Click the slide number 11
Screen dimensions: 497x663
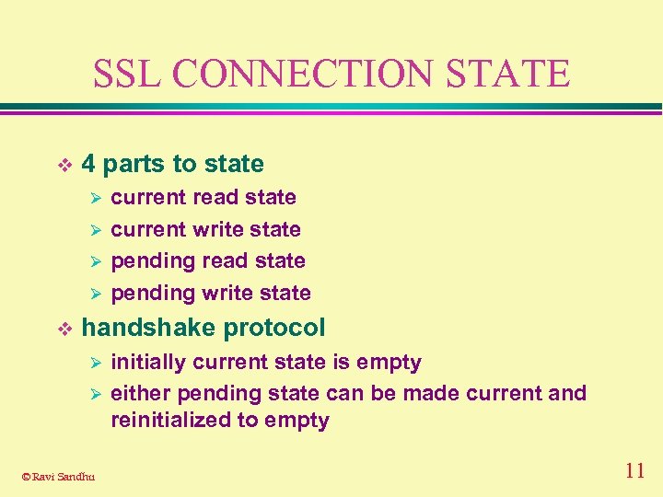[x=634, y=471]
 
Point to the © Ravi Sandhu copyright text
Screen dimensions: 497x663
[x=58, y=476]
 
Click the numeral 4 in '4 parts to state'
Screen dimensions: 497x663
[x=88, y=164]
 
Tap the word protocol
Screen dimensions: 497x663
[x=274, y=328]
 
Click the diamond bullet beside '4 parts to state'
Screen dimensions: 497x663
[x=64, y=165]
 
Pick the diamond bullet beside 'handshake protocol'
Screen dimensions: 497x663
[x=64, y=329]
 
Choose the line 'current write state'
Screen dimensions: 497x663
[x=205, y=229]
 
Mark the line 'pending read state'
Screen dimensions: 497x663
[x=208, y=260]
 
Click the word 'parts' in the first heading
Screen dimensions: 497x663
[x=134, y=165]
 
